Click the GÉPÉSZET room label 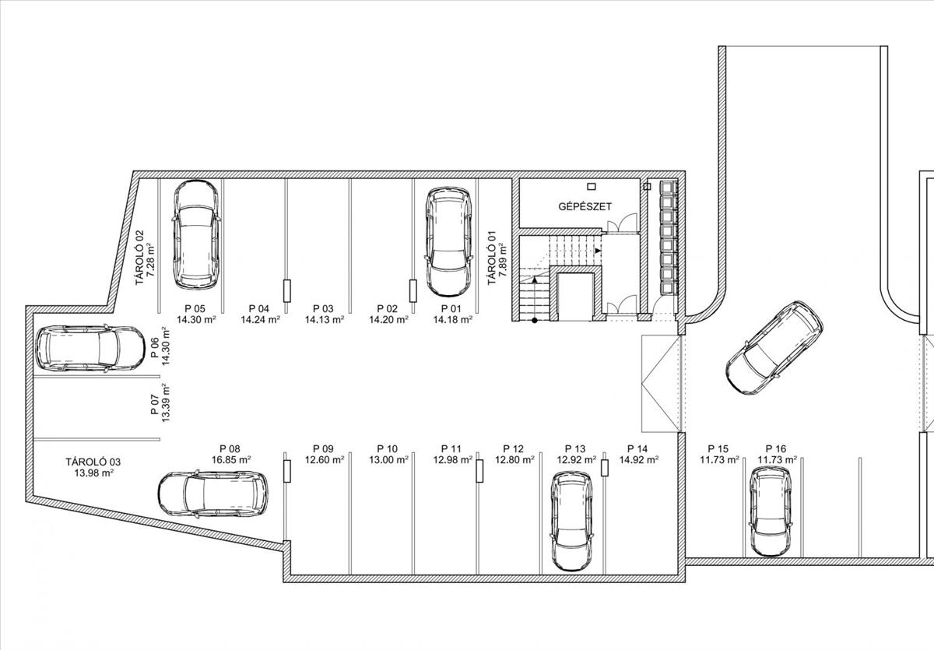click(x=585, y=206)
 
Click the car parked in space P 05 click(x=196, y=235)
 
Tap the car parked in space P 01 click(x=448, y=242)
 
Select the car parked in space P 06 click(x=90, y=349)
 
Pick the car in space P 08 click(x=213, y=494)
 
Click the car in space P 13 click(x=571, y=521)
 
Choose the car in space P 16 click(x=771, y=511)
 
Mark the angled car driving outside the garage click(x=774, y=348)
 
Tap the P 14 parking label click(x=637, y=448)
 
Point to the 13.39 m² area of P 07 click(x=166, y=402)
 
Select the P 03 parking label click(x=324, y=308)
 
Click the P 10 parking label click(x=388, y=448)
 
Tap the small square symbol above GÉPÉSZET click(x=591, y=186)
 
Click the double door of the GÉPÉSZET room click(x=622, y=223)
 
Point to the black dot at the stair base click(x=534, y=320)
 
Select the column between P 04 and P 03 click(x=287, y=291)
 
